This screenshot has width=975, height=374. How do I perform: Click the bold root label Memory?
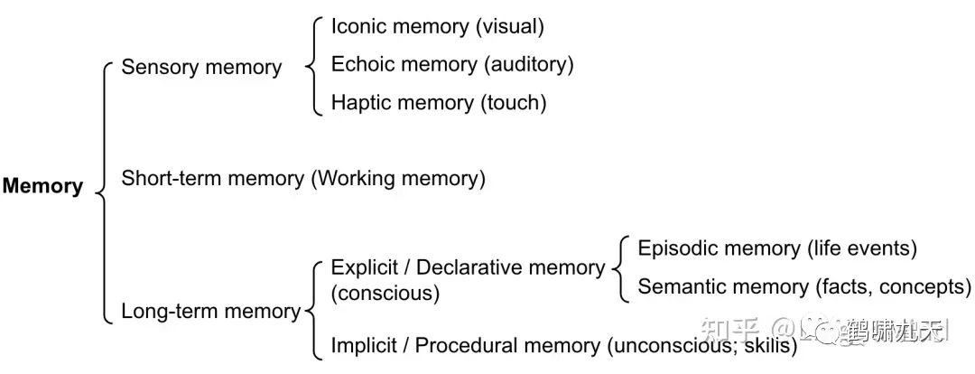42,187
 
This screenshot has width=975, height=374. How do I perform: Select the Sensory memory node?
201,67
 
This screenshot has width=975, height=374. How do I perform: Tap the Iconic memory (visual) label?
437,26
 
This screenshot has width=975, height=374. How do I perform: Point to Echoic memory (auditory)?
451,64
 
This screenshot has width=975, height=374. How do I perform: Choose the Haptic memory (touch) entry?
439,102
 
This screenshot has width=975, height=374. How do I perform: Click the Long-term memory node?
210,312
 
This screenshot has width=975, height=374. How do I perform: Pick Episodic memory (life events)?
777,248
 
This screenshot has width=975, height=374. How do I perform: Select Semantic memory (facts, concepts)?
803,287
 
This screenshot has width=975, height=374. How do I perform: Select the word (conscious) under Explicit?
385,294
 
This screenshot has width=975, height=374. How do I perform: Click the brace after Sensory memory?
311,65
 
